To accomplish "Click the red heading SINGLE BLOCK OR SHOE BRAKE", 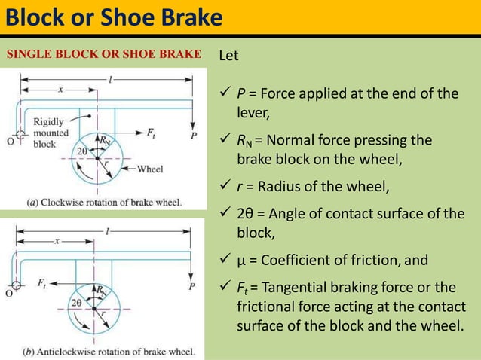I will (104, 54).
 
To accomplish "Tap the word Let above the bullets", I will (228, 56).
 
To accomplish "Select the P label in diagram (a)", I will (195, 136).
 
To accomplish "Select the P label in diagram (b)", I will (192, 286).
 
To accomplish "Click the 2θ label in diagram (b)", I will (76, 302).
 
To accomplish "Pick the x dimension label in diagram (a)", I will (60, 88).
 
